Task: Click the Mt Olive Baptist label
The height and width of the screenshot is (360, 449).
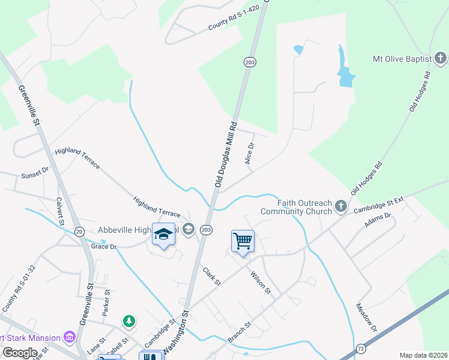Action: (x=402, y=59)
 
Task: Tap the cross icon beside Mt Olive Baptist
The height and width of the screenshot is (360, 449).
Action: (x=441, y=58)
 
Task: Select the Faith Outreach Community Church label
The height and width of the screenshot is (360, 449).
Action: (x=296, y=206)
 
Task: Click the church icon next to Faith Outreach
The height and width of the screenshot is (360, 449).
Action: (x=341, y=207)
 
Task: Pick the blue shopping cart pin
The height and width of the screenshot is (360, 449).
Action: (x=243, y=241)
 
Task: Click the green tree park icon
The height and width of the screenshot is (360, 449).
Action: (x=128, y=322)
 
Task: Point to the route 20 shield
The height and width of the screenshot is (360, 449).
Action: (x=79, y=231)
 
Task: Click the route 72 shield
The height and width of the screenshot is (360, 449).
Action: (x=361, y=348)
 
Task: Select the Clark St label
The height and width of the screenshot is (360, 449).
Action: (x=212, y=276)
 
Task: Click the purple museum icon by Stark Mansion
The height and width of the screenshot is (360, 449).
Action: (x=70, y=337)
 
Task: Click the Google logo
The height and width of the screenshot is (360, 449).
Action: (x=20, y=353)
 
